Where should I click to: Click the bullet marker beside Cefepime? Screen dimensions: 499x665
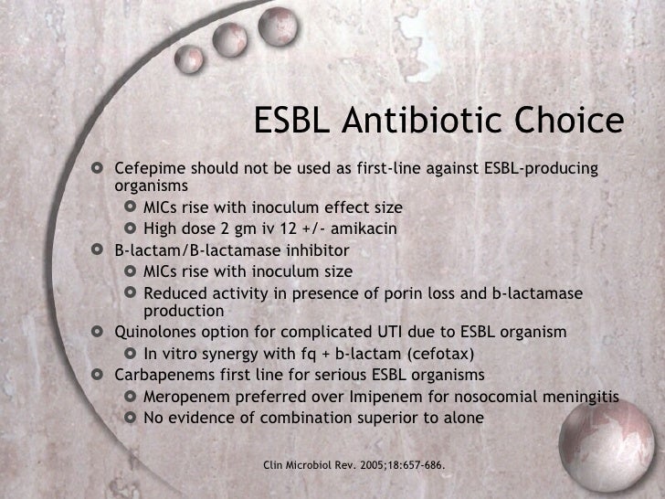99,169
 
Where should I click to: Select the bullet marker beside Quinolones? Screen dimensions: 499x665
99,331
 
